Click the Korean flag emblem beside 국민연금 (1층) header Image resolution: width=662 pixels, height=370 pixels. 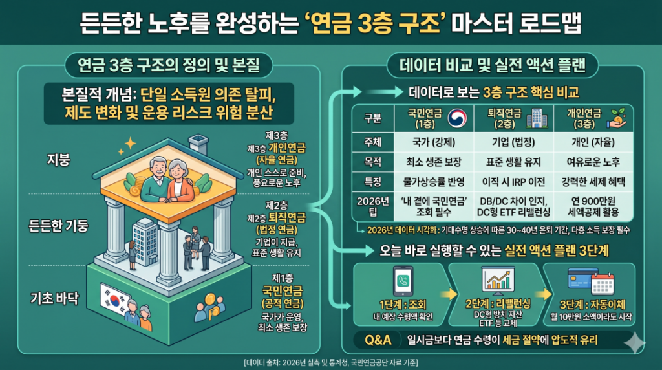click(456, 118)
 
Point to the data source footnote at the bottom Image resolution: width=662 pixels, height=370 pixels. click(330, 361)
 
